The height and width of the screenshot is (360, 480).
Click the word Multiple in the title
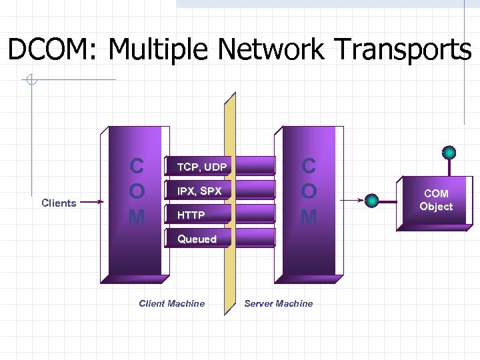click(x=159, y=49)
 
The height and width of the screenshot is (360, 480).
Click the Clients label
click(x=59, y=203)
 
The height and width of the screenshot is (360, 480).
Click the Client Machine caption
click(x=171, y=303)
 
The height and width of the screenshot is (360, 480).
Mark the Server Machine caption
click(x=278, y=303)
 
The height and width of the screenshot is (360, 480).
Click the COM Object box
click(x=436, y=201)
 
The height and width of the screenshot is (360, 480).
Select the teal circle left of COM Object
click(x=373, y=199)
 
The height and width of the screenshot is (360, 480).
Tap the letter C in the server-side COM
click(x=308, y=166)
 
